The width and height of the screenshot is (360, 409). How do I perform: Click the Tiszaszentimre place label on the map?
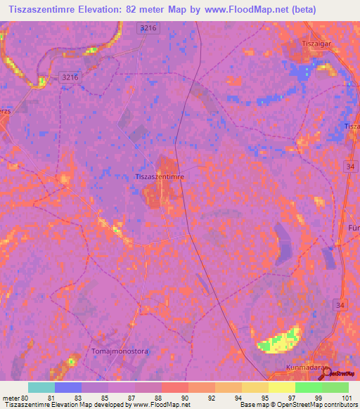[x=159, y=177]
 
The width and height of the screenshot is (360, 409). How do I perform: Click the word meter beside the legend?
[x=9, y=398]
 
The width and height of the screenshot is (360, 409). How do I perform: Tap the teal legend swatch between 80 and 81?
[x=41, y=387]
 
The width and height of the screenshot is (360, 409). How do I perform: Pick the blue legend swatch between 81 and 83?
[x=67, y=387]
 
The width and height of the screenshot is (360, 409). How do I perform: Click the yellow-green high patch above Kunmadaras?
[x=281, y=340]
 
